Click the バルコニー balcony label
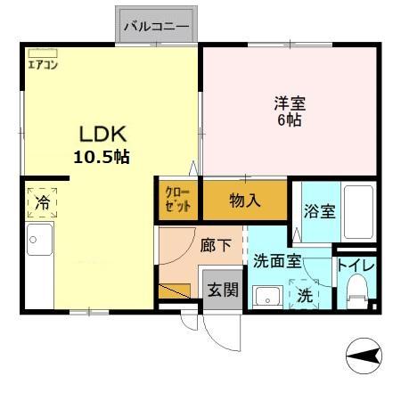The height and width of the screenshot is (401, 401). click(156, 27)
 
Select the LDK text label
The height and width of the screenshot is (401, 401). click(103, 134)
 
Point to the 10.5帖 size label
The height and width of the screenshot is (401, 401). click(102, 157)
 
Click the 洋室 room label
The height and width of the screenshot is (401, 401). click(290, 103)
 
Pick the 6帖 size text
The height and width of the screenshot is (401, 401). click(290, 119)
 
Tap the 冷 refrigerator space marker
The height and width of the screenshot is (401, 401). click(42, 203)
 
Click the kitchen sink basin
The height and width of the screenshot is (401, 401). click(39, 240)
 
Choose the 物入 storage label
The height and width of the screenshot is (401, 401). click(245, 200)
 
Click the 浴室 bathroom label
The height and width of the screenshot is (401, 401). click(319, 211)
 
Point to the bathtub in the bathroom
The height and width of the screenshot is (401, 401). click(358, 212)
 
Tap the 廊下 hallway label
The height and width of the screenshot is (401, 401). click(216, 246)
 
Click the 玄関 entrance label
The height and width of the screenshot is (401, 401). click(223, 290)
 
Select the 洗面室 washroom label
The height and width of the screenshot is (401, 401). click(277, 261)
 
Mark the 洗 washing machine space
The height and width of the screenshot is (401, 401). click(304, 294)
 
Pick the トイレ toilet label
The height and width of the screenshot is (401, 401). click(356, 266)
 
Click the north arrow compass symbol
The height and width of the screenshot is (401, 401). click(364, 356)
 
